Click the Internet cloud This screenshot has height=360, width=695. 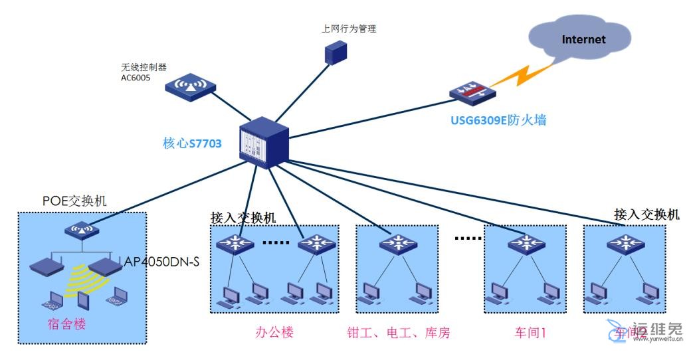pos(583,41)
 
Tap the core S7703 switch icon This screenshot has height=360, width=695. pos(264,137)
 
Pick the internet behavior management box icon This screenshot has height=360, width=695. pos(336,52)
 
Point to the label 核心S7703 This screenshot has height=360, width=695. pos(192,143)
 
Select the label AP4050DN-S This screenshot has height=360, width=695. pos(162,262)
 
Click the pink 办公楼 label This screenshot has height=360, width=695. pos(274,332)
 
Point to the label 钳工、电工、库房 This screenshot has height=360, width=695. pos(398,332)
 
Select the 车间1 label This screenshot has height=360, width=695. pos(530,332)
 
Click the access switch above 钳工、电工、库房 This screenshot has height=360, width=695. pos(398,244)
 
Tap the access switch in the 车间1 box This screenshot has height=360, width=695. pos(525,244)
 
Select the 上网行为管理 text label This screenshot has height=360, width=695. pos(349,29)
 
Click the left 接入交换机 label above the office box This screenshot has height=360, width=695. pos(243,217)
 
